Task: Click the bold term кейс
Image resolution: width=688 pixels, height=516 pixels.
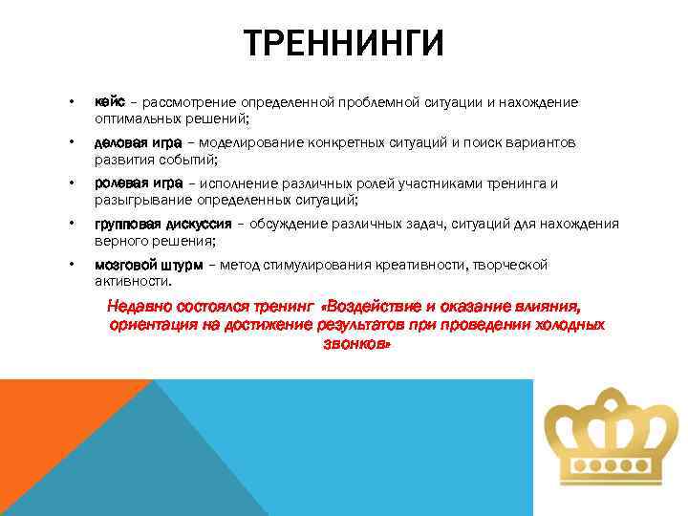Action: tap(110, 102)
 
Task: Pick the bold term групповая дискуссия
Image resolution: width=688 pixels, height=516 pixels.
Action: tap(162, 224)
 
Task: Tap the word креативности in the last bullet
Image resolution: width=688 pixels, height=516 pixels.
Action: tap(403, 265)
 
